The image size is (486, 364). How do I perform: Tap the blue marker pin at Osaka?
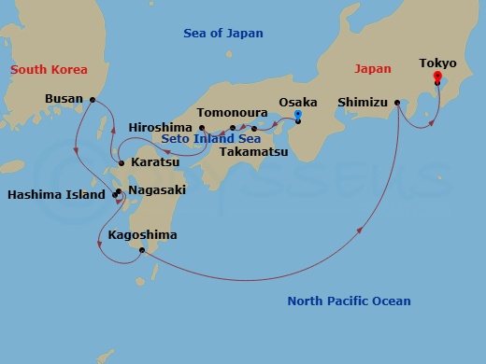298,116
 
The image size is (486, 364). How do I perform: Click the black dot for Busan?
93,98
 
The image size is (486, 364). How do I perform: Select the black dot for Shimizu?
398,103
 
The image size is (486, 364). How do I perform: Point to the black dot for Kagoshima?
141,249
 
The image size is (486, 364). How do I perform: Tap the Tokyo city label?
437,63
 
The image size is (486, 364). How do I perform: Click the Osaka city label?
298,102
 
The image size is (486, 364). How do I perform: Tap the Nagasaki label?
156,189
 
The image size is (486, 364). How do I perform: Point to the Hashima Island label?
57,195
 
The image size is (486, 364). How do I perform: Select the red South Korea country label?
48,70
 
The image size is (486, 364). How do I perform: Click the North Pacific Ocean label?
349,301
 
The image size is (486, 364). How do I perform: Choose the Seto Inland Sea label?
210,139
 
